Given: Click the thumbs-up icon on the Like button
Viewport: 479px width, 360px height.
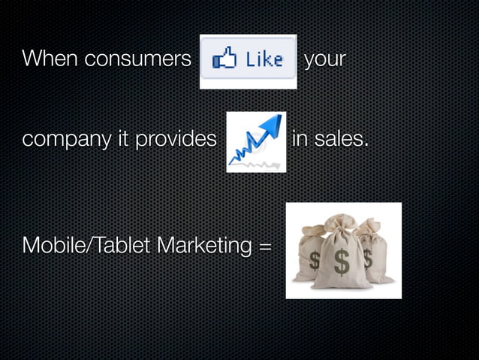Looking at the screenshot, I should click(223, 58).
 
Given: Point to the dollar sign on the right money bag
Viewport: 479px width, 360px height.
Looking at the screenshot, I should click(367, 258).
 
